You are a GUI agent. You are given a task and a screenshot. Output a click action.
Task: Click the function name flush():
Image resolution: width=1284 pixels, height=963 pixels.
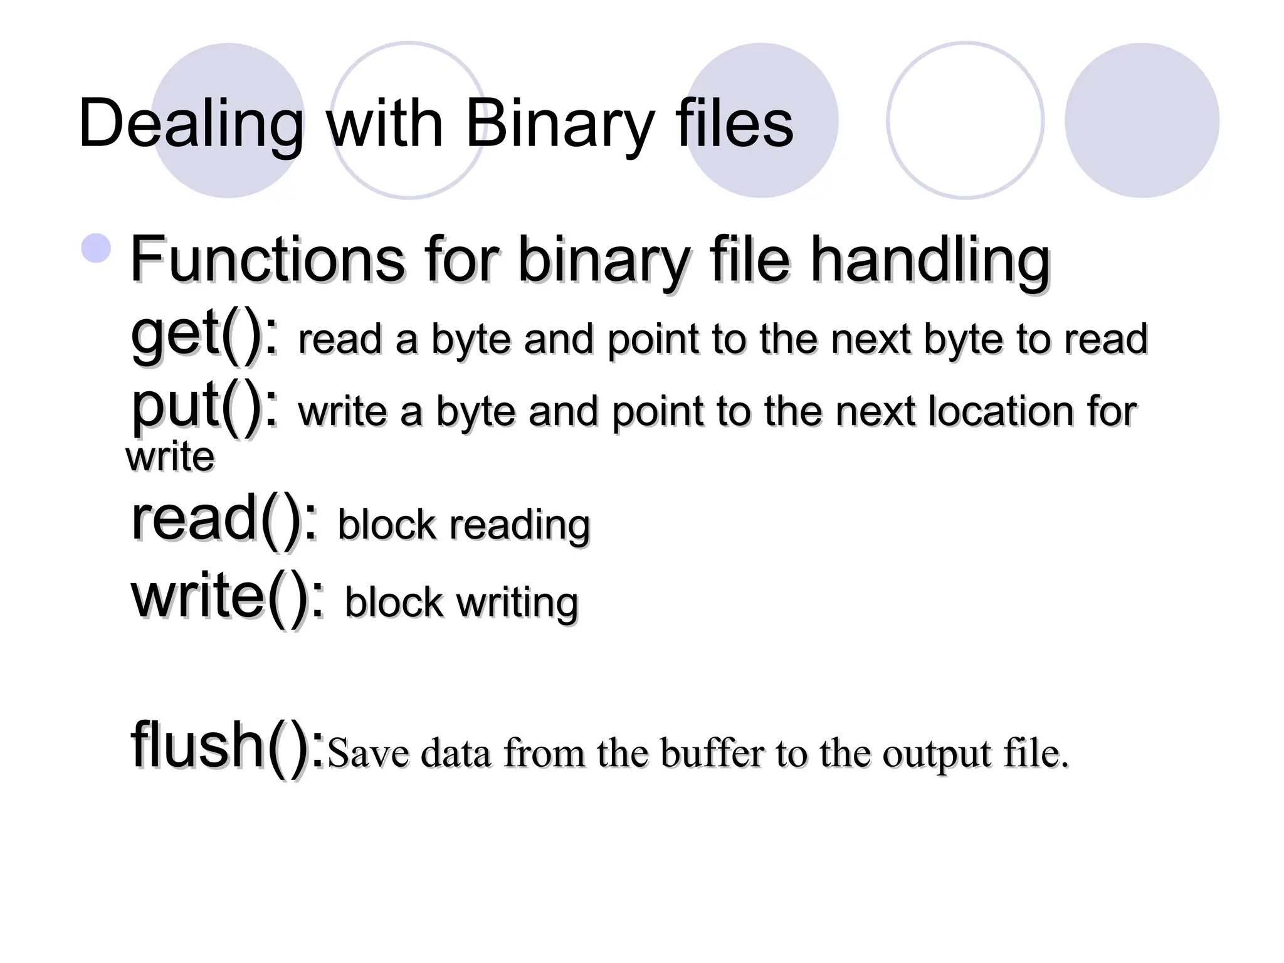click(228, 746)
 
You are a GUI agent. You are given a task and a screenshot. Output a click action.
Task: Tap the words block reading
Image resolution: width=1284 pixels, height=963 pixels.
click(464, 525)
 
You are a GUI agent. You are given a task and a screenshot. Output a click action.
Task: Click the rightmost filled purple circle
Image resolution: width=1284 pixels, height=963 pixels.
click(1142, 120)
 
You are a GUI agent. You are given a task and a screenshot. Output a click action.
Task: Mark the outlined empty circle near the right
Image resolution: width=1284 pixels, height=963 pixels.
click(965, 120)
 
